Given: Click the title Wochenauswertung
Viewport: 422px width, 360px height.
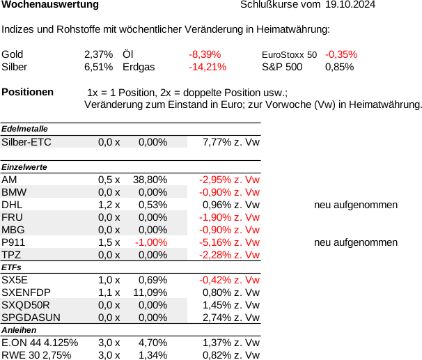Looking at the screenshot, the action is click(x=50, y=5).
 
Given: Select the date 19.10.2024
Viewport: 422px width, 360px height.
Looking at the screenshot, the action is click(x=350, y=4).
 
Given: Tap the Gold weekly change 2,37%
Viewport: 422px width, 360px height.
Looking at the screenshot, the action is click(x=98, y=54).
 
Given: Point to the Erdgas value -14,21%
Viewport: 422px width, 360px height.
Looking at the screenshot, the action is click(x=208, y=67).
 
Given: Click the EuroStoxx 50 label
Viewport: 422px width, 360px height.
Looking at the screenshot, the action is click(x=289, y=54).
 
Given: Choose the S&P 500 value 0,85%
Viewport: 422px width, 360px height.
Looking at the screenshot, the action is click(x=339, y=67).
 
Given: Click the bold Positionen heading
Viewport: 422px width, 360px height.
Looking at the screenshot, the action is click(x=27, y=92).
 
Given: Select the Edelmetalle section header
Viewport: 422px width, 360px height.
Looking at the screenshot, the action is click(x=24, y=129).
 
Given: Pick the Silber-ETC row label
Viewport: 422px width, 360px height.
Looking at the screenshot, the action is click(x=26, y=142).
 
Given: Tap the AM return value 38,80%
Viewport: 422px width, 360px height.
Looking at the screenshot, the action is click(x=150, y=180).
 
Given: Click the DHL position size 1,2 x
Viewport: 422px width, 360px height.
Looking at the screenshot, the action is click(x=109, y=205).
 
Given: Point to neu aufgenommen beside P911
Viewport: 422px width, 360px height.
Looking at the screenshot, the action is click(x=356, y=243).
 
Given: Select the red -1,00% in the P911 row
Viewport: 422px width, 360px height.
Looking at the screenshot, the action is click(x=151, y=243).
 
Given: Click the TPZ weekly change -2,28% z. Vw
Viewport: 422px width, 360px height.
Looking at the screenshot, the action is click(x=229, y=255).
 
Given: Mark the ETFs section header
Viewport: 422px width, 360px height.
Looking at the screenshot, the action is click(x=11, y=267).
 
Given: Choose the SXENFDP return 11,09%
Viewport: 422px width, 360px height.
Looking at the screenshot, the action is click(x=150, y=292).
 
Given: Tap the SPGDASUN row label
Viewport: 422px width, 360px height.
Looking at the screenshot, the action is click(x=31, y=318).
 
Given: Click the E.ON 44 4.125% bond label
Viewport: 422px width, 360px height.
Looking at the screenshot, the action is click(x=40, y=343).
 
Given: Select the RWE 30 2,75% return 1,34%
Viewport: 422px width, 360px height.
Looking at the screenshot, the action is click(x=153, y=355).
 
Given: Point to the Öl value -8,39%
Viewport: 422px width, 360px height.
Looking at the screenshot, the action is click(x=205, y=54).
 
